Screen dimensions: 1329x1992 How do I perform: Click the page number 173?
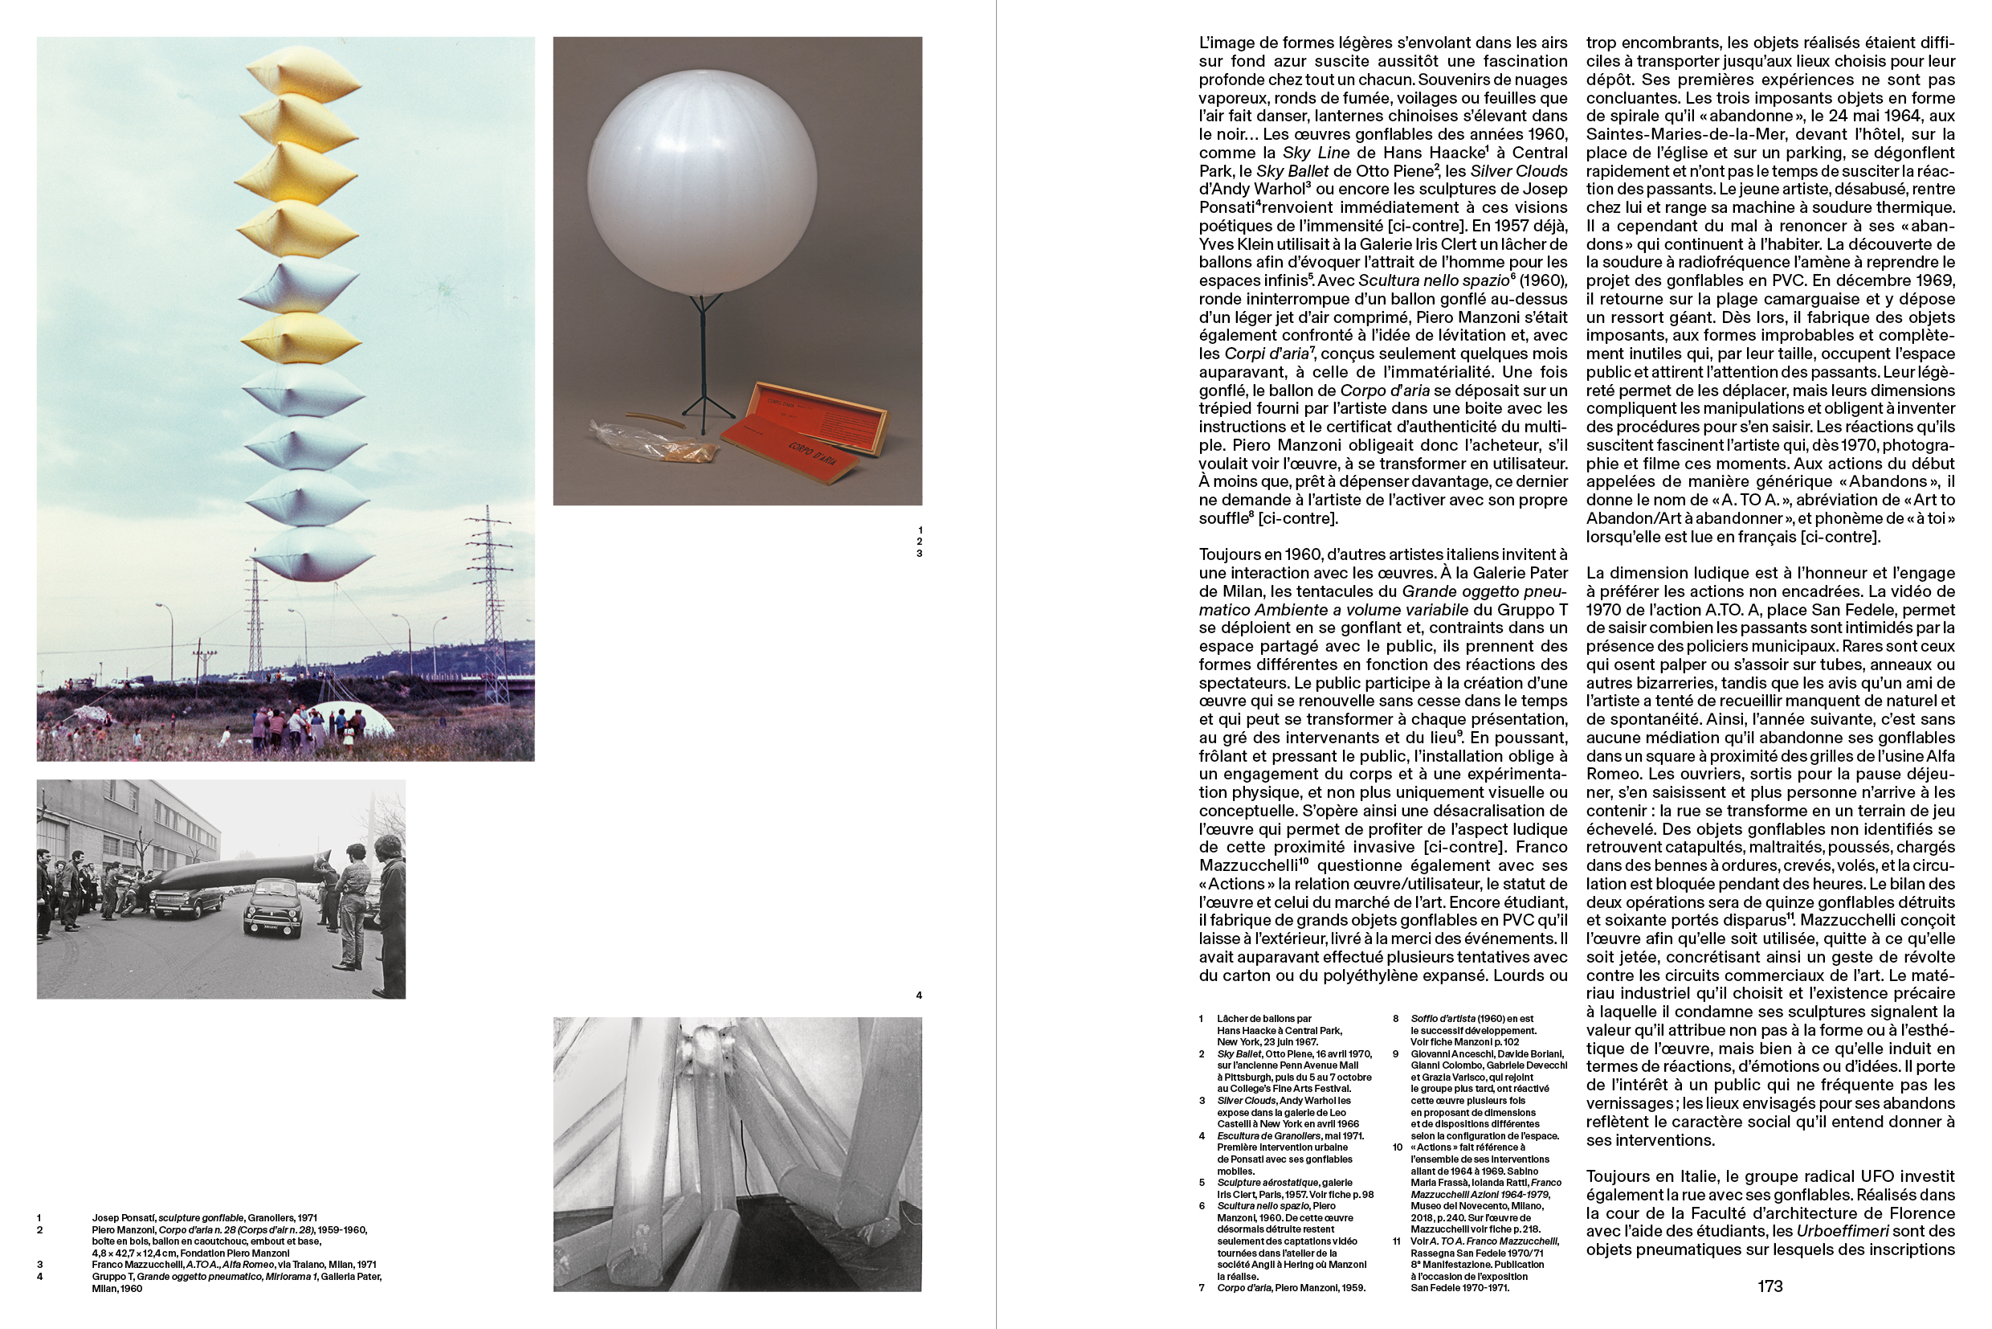(1770, 1286)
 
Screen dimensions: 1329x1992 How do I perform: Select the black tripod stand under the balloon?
(704, 365)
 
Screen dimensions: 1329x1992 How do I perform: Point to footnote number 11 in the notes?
(1397, 1241)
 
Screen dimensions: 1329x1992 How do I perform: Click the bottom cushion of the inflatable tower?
(312, 554)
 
